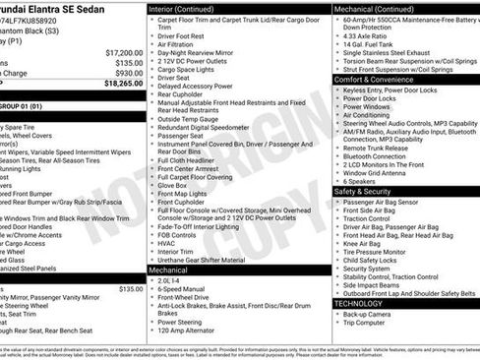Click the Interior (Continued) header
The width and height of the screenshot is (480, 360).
[190, 8]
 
